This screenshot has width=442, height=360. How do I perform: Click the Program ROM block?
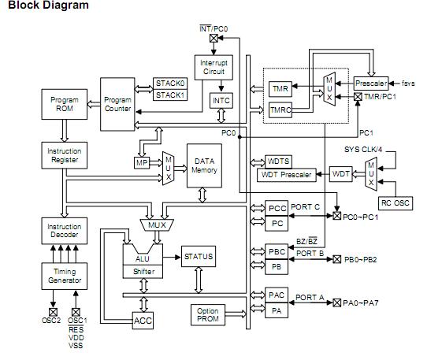point(64,106)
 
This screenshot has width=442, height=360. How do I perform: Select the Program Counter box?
point(118,104)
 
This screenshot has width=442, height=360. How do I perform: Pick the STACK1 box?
point(169,95)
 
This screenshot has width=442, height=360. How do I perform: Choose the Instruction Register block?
point(64,155)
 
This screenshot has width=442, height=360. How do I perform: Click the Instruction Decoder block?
point(64,232)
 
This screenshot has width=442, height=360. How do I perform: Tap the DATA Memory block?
point(204,165)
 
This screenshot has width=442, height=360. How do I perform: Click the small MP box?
point(142,162)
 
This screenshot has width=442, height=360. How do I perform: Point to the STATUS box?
point(198,257)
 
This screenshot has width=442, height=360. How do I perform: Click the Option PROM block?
point(209,315)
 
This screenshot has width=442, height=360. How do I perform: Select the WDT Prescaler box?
point(285,174)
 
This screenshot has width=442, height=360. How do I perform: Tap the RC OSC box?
point(396,202)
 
